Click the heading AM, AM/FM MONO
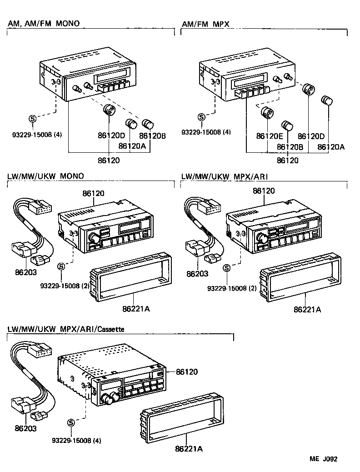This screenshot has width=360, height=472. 43,23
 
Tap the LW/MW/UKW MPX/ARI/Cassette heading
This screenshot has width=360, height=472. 66,328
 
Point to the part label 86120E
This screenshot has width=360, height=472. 270,136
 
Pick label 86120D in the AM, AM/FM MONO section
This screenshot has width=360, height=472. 111,135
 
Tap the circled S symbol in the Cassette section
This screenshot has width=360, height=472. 71,422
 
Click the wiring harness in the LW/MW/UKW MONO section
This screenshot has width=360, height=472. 32,232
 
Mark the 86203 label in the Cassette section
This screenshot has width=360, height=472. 25,428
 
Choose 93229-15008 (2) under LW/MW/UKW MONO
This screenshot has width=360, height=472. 65,286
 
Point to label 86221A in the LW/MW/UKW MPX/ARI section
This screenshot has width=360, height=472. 307,309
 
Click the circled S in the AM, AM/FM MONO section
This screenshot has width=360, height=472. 32,119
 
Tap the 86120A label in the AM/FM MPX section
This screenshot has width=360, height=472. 331,147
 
